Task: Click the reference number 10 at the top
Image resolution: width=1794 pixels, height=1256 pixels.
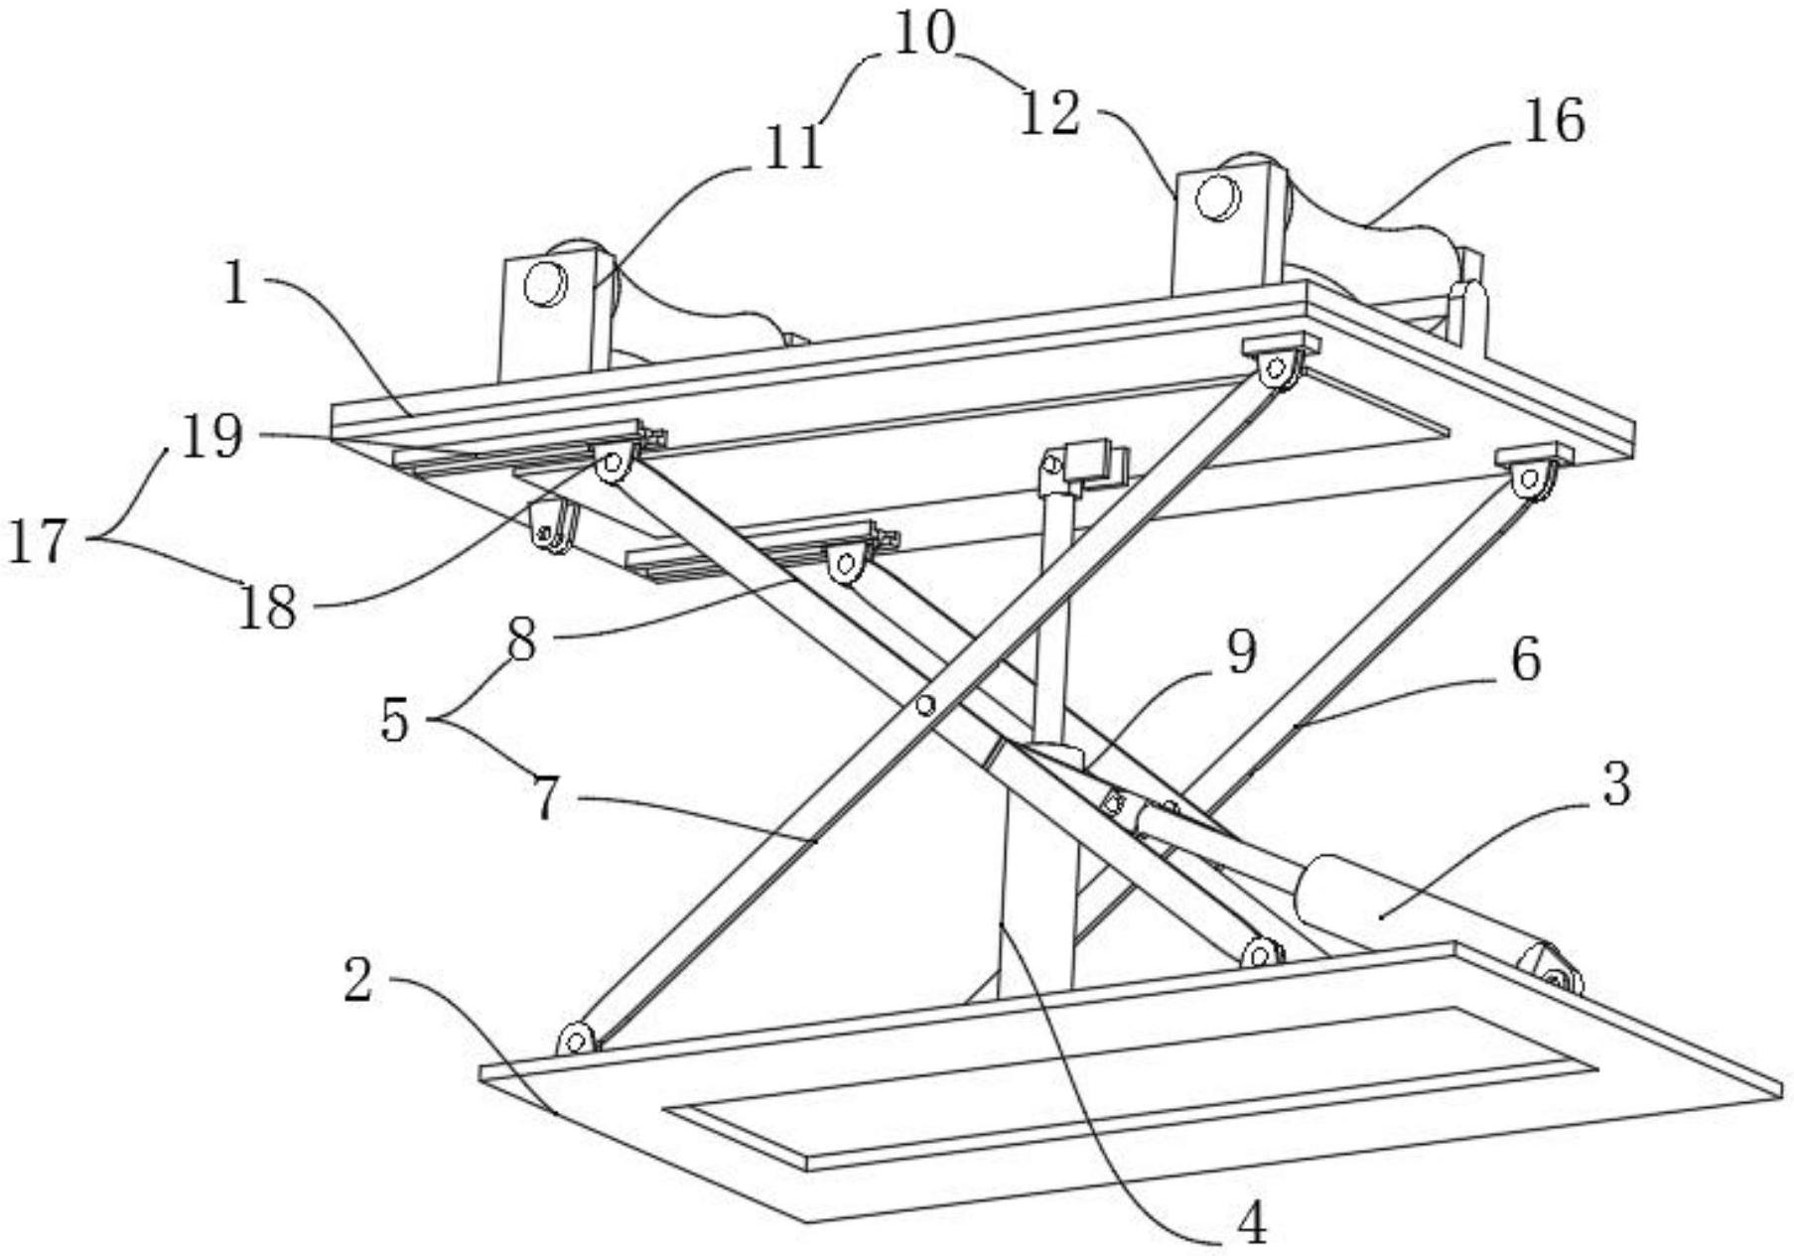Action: [x=924, y=34]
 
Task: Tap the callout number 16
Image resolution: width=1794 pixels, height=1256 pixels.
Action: [x=1555, y=122]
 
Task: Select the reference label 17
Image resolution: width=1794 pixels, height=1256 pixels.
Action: [x=39, y=542]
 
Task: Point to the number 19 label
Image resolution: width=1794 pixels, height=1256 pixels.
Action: [x=211, y=436]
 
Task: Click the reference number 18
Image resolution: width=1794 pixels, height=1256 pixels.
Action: [x=267, y=607]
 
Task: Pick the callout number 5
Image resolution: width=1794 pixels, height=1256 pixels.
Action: [x=395, y=720]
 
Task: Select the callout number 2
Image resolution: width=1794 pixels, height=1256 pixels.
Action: [x=358, y=979]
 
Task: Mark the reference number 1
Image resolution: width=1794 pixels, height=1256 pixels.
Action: [x=235, y=284]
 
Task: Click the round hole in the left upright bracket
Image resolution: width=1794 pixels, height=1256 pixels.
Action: [x=545, y=284]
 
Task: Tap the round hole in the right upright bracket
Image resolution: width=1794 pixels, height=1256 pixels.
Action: [x=1217, y=197]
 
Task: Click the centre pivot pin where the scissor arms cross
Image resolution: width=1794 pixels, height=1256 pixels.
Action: [x=925, y=705]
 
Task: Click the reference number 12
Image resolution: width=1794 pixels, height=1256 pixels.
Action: [x=1050, y=114]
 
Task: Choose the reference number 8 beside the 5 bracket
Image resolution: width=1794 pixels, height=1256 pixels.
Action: [x=522, y=641]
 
